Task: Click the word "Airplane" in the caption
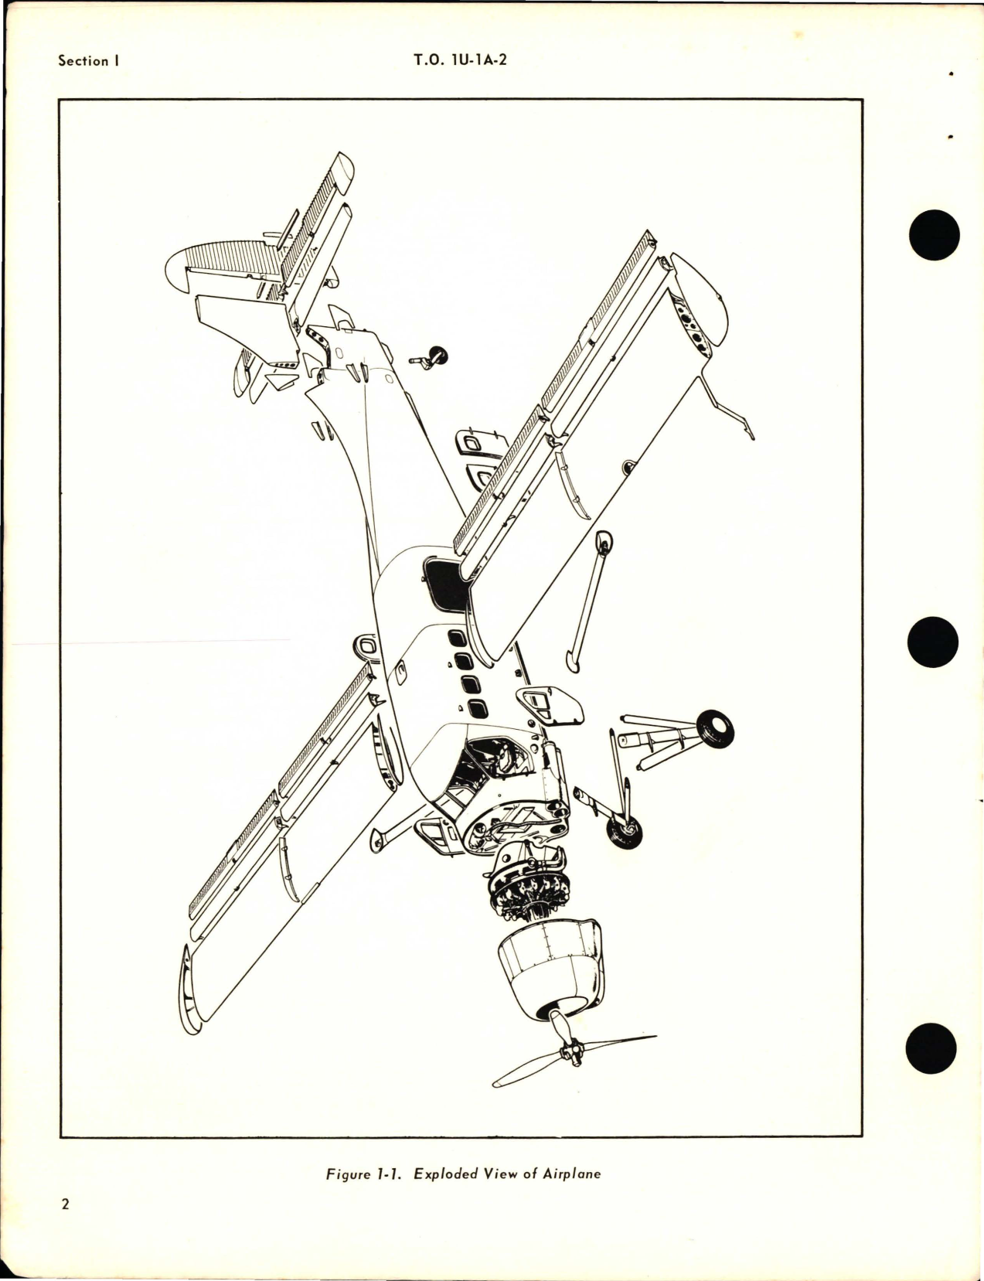click(x=572, y=1174)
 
